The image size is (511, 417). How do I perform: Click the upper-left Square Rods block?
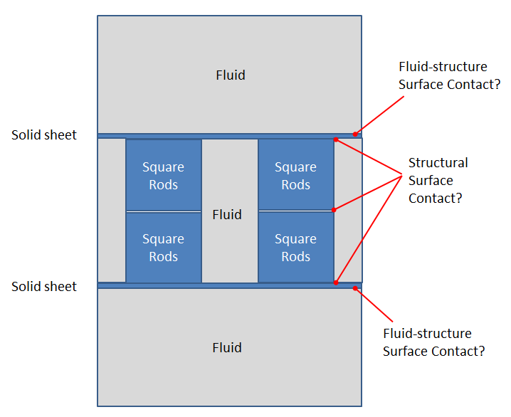click(x=164, y=175)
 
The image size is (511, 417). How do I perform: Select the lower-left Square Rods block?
click(x=164, y=247)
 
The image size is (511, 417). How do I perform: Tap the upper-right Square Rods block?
click(x=295, y=175)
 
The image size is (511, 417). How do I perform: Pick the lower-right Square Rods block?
click(x=295, y=247)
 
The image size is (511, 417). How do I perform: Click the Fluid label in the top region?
click(x=230, y=75)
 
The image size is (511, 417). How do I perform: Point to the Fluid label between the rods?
click(x=227, y=214)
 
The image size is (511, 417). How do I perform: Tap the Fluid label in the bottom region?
click(x=227, y=347)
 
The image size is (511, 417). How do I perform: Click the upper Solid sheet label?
click(x=44, y=134)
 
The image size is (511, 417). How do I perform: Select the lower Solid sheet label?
click(x=44, y=286)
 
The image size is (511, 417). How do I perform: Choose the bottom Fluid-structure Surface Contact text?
click(x=434, y=342)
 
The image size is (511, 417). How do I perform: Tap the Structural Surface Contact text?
click(x=438, y=181)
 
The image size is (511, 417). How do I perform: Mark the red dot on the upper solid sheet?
click(x=354, y=134)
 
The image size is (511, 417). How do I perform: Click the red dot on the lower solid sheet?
click(x=355, y=288)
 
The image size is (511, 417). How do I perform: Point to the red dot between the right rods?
click(x=334, y=210)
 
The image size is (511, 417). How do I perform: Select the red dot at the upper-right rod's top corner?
click(x=336, y=140)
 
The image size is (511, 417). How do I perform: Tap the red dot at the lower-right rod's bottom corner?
click(x=336, y=283)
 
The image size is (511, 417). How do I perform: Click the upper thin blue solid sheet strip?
click(x=228, y=135)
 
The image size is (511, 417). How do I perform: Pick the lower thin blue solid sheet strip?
click(x=228, y=285)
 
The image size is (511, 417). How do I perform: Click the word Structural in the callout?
click(x=438, y=163)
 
